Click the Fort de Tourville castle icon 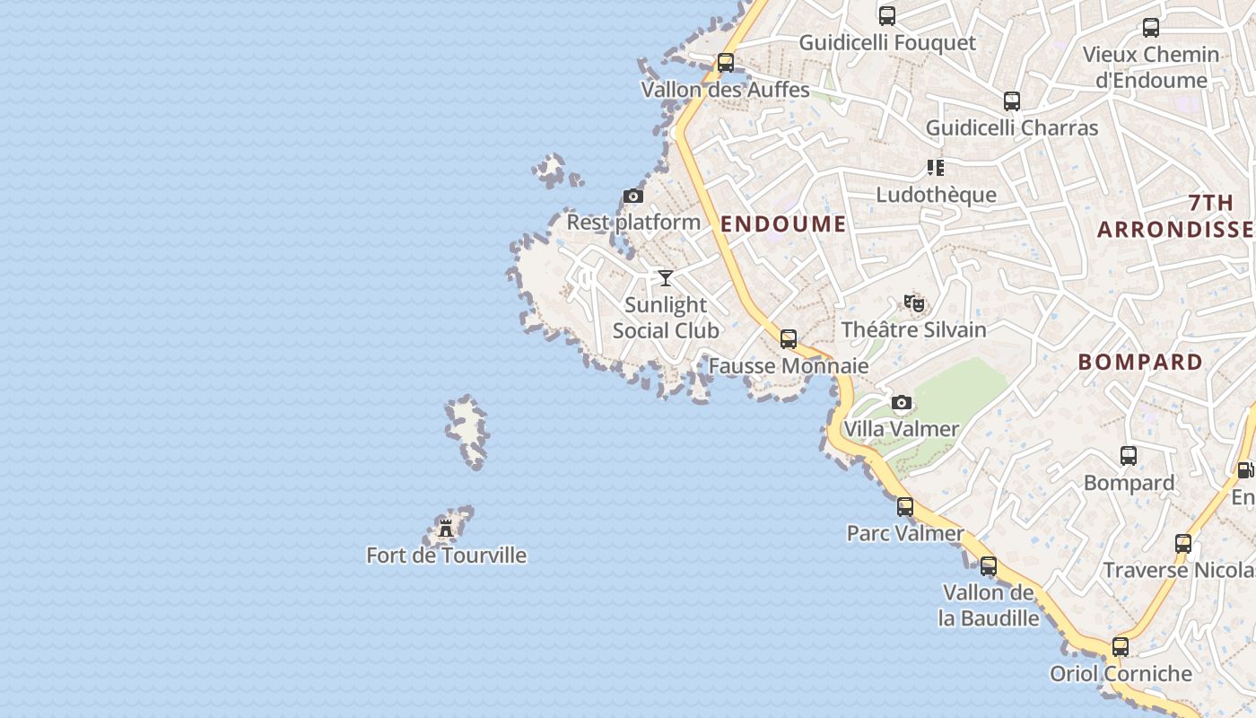pyautogui.click(x=446, y=528)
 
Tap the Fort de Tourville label pyautogui.click(x=446, y=556)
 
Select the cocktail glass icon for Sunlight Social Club pyautogui.click(x=666, y=278)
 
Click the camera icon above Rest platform pyautogui.click(x=633, y=197)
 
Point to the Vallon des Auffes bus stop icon pyautogui.click(x=726, y=64)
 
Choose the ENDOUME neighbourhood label pyautogui.click(x=783, y=223)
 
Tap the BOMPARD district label pyautogui.click(x=1140, y=362)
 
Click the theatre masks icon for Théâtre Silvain pyautogui.click(x=914, y=303)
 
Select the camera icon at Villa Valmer pyautogui.click(x=902, y=403)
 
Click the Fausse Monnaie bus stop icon pyautogui.click(x=789, y=339)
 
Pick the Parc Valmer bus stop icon pyautogui.click(x=905, y=507)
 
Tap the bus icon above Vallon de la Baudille pyautogui.click(x=989, y=566)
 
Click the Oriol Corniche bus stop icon pyautogui.click(x=1121, y=647)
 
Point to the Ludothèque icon pyautogui.click(x=936, y=168)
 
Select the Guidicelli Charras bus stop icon pyautogui.click(x=1012, y=101)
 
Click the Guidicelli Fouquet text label pyautogui.click(x=887, y=43)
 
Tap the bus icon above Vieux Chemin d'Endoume pyautogui.click(x=1151, y=28)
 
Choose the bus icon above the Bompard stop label pyautogui.click(x=1129, y=456)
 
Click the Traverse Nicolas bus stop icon pyautogui.click(x=1183, y=544)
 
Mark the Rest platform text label pyautogui.click(x=633, y=222)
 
